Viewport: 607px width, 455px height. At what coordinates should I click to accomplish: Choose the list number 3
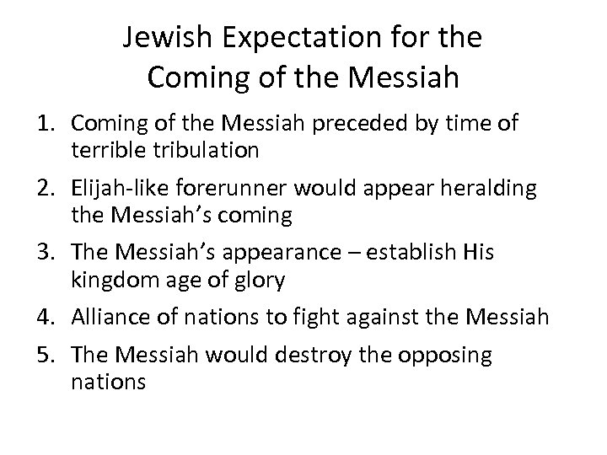[46, 253]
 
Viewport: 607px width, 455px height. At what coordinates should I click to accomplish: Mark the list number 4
[46, 318]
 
